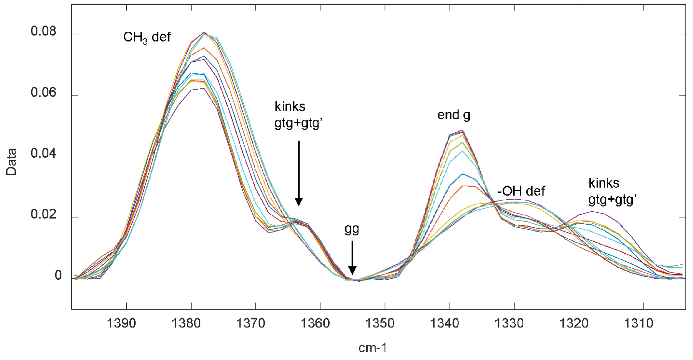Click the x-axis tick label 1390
pos(121,323)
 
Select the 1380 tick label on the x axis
pos(186,323)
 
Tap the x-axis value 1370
pos(250,323)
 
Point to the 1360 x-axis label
pos(315,323)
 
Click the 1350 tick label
pos(380,323)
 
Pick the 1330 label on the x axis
pos(509,323)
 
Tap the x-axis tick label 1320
pos(574,323)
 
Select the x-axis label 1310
pos(638,323)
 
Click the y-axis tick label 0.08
pos(44,31)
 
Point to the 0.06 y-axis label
pos(44,92)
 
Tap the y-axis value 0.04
pos(44,153)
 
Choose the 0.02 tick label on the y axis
pos(44,215)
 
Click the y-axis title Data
pos(11,162)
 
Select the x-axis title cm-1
pos(373,348)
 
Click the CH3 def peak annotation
pos(147,37)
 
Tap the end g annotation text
pos(454,115)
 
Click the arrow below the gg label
pos(352,257)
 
